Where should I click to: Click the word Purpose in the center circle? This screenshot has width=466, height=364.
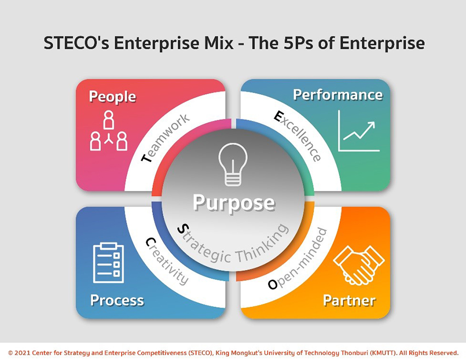pyautogui.click(x=234, y=203)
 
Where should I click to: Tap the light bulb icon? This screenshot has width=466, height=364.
pyautogui.click(x=233, y=164)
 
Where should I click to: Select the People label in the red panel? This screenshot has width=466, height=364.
pyautogui.click(x=112, y=97)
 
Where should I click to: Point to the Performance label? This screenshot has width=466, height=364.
pyautogui.click(x=338, y=95)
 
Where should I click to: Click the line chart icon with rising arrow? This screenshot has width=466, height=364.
pyautogui.click(x=359, y=131)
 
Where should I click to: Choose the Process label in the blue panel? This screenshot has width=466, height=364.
pyautogui.click(x=117, y=300)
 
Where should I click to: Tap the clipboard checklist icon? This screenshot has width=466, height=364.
pyautogui.click(x=109, y=263)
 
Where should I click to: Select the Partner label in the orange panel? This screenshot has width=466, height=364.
pyautogui.click(x=349, y=300)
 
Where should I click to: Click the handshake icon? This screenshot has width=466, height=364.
pyautogui.click(x=359, y=265)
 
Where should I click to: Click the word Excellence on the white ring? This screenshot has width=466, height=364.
pyautogui.click(x=298, y=136)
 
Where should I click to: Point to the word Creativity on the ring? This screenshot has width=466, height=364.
pyautogui.click(x=167, y=261)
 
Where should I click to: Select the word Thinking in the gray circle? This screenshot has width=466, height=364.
pyautogui.click(x=262, y=244)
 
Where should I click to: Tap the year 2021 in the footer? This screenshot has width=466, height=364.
pyautogui.click(x=22, y=353)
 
